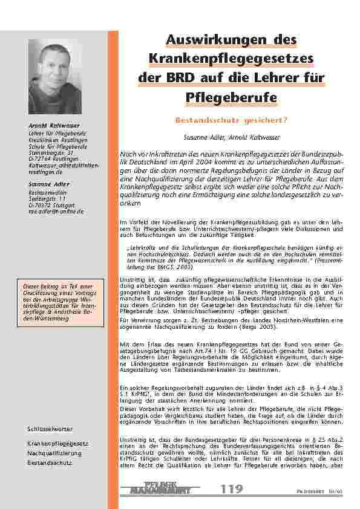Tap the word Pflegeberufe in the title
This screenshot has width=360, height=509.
pos(232,97)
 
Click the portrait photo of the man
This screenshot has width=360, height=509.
pos(55,77)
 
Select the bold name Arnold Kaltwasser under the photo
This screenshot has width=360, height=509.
pos(50,125)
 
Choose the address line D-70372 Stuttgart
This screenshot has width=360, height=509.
pos(51,206)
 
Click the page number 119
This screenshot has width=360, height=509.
pos(232,489)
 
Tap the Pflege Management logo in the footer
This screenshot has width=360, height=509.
pos(163,488)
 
